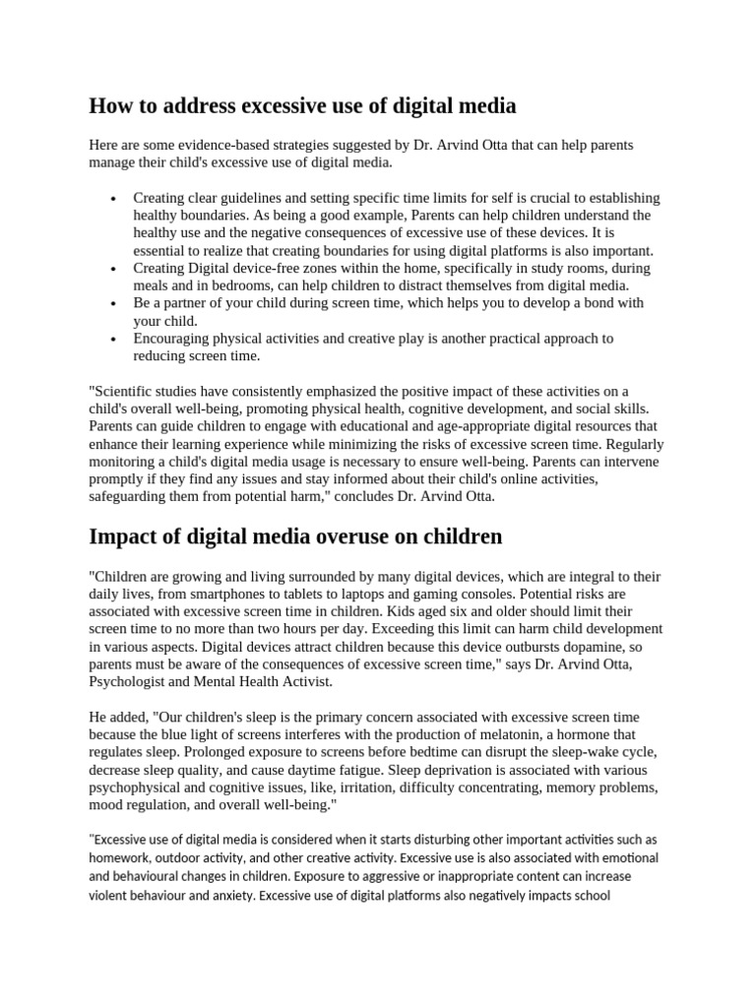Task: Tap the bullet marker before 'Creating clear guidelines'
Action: point(115,198)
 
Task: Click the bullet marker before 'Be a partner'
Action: point(115,303)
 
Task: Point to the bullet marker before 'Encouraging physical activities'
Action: point(115,339)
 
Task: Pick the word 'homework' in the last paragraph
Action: point(124,857)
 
